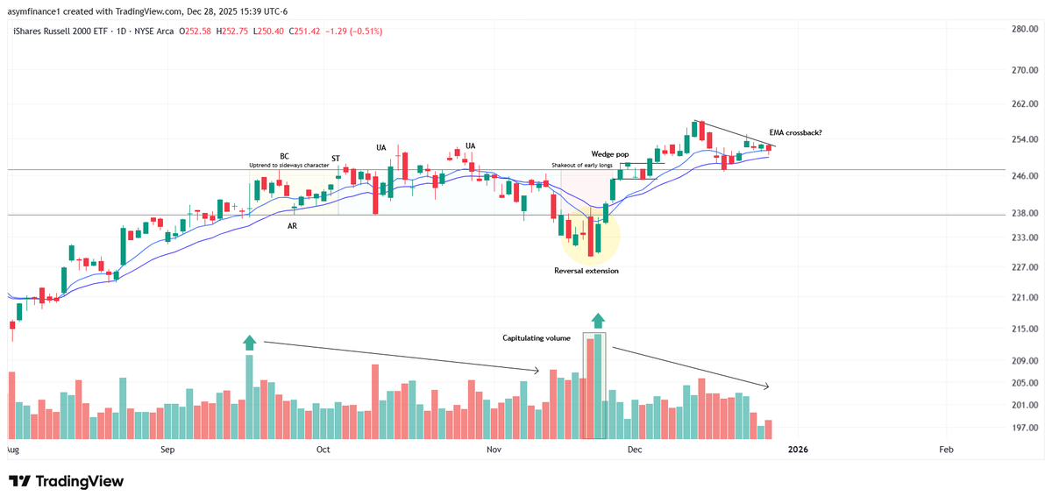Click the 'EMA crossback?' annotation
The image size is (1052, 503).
795,133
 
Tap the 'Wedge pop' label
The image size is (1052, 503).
609,154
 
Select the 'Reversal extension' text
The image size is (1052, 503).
586,271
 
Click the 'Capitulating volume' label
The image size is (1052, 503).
537,337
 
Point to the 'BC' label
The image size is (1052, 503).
284,157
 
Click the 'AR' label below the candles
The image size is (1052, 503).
292,226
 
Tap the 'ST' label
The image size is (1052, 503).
335,158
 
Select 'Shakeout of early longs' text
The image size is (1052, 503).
583,165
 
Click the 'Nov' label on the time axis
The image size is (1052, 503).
493,450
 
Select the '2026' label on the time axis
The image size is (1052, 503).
798,450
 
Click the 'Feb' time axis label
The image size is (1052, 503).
946,450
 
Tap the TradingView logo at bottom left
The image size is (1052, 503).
66,481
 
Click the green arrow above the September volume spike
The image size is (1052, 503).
249,343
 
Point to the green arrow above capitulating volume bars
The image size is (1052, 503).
598,321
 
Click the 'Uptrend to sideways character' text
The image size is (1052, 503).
288,165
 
